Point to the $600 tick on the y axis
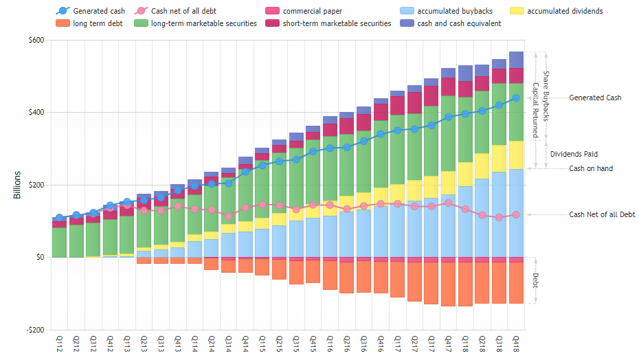pos(35,40)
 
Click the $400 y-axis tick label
pos(35,113)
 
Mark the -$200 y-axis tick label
pos(34,330)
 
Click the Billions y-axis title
pos(16,185)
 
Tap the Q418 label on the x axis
pos(516,344)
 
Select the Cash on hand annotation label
pos(591,168)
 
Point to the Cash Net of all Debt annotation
pos(602,215)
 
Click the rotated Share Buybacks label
pos(546,96)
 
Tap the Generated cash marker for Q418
pos(516,98)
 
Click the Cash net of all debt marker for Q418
pos(516,215)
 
